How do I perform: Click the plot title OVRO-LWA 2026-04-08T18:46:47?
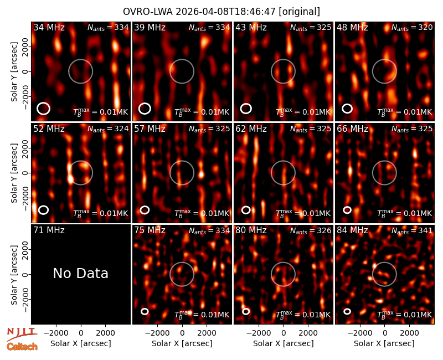(x=199, y=12)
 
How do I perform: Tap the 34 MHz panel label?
(x=49, y=27)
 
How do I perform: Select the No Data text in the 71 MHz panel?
(x=80, y=273)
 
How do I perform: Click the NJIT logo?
(x=22, y=333)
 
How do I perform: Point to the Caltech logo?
(x=22, y=346)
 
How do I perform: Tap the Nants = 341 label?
(x=412, y=230)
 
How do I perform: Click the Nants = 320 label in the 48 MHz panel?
(x=412, y=27)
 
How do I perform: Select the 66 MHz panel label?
(x=352, y=129)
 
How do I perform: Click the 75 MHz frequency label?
(x=150, y=230)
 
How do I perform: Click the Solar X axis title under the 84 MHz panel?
(x=384, y=343)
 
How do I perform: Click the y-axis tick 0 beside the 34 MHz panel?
(x=25, y=71)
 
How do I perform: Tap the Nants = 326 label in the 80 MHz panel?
(x=311, y=230)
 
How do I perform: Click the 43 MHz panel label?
(x=251, y=27)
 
